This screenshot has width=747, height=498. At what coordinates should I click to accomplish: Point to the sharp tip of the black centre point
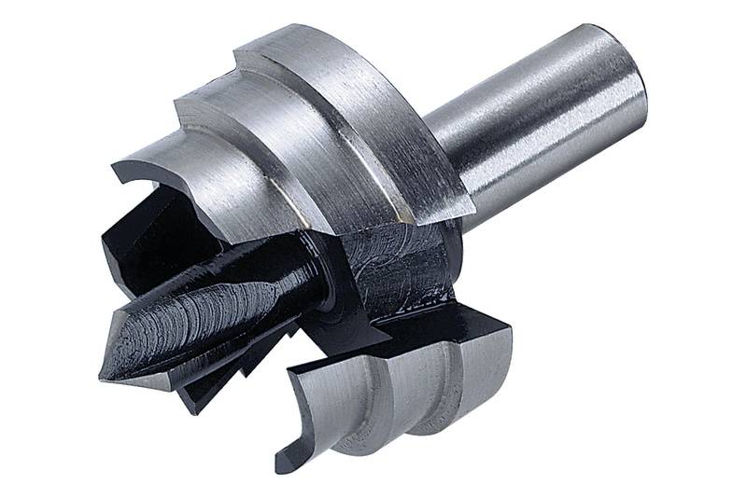103,373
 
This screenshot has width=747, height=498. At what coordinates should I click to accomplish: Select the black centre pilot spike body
205,317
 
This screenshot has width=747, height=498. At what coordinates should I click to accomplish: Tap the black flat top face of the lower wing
439,326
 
